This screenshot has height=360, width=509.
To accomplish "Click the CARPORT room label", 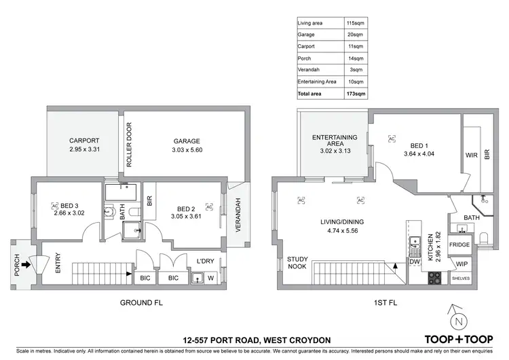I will coord(84,141).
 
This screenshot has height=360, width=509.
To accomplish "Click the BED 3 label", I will coord(70,206).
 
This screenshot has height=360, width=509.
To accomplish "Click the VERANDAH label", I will coord(238,215).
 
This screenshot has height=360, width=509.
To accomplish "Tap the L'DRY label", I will coord(206,262).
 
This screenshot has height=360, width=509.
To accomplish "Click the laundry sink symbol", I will coord(198,277).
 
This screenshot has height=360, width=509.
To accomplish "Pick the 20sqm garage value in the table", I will coord(356,35).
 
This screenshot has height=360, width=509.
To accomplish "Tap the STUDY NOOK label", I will coord(298,262).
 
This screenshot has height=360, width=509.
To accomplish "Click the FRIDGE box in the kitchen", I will coord(459,245).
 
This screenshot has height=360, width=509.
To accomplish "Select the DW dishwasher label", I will coord(414,262).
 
